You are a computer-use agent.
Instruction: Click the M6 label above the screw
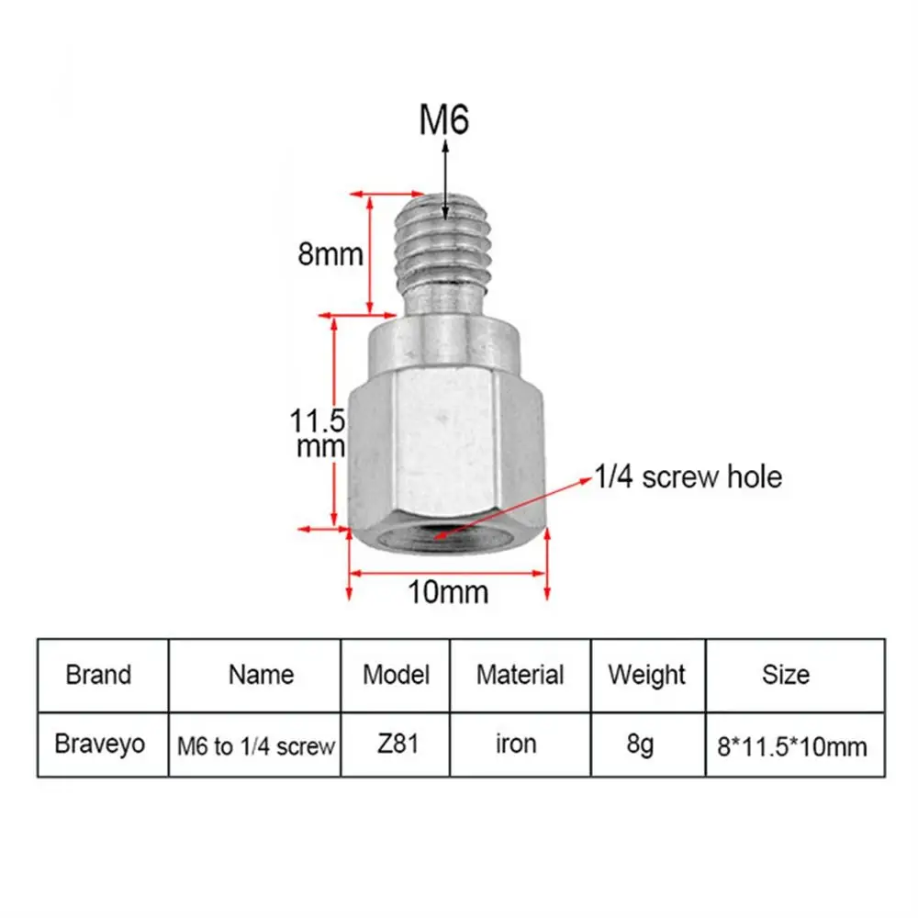pyautogui.click(x=444, y=120)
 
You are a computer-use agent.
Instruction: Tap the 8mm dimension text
pyautogui.click(x=330, y=253)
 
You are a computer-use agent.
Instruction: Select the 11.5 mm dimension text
pyautogui.click(x=318, y=435)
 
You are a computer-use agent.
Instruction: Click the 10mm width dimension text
pyautogui.click(x=448, y=592)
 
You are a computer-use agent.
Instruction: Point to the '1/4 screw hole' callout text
pyautogui.click(x=688, y=477)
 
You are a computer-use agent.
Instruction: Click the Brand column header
pyautogui.click(x=98, y=675)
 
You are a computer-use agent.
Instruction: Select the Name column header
pyautogui.click(x=261, y=675)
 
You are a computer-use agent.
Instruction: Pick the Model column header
pyautogui.click(x=396, y=675)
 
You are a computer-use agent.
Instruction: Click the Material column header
pyautogui.click(x=520, y=675)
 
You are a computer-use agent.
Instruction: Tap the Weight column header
pyautogui.click(x=646, y=675)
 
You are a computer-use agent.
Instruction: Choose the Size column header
pyautogui.click(x=786, y=675)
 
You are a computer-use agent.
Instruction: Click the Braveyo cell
pyautogui.click(x=100, y=744)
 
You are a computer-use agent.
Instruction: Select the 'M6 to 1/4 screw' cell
pyautogui.click(x=255, y=746)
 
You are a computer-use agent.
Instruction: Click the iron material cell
pyautogui.click(x=516, y=744)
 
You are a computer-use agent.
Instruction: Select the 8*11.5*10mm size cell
pyautogui.click(x=791, y=746)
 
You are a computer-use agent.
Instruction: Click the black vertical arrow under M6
pyautogui.click(x=444, y=179)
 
